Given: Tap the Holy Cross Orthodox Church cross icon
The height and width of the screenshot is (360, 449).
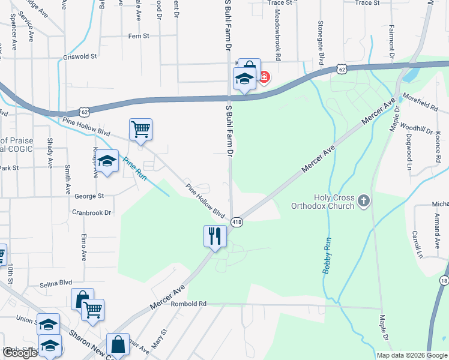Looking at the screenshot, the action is [363, 200].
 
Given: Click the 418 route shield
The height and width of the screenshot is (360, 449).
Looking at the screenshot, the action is [237, 222].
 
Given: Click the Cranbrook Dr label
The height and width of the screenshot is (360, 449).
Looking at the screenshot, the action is [92, 212].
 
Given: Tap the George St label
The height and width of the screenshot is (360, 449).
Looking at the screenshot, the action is [89, 196].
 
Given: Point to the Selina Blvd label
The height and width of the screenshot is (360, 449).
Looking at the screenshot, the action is [56, 282].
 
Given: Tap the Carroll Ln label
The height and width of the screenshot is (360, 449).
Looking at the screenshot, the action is [417, 244].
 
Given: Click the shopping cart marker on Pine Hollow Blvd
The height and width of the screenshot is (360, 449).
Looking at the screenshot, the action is [140, 128].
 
